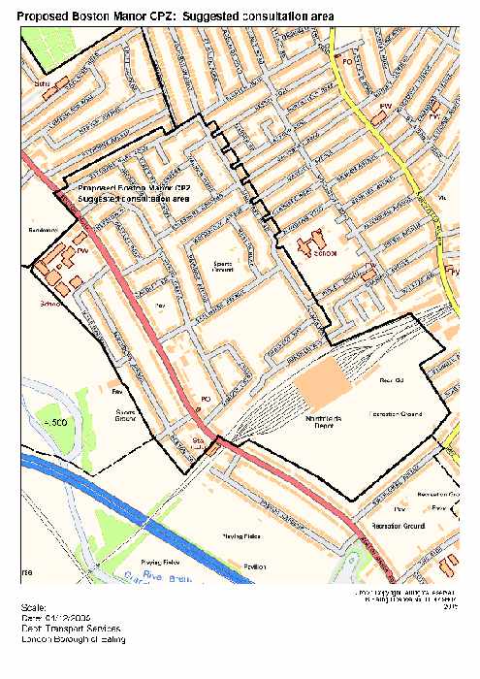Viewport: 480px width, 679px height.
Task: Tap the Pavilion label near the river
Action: pos(254,566)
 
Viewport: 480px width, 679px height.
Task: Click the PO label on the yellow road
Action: pos(344,60)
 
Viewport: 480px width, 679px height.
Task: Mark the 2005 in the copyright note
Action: pos(448,608)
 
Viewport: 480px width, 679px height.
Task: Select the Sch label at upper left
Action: pos(40,84)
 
